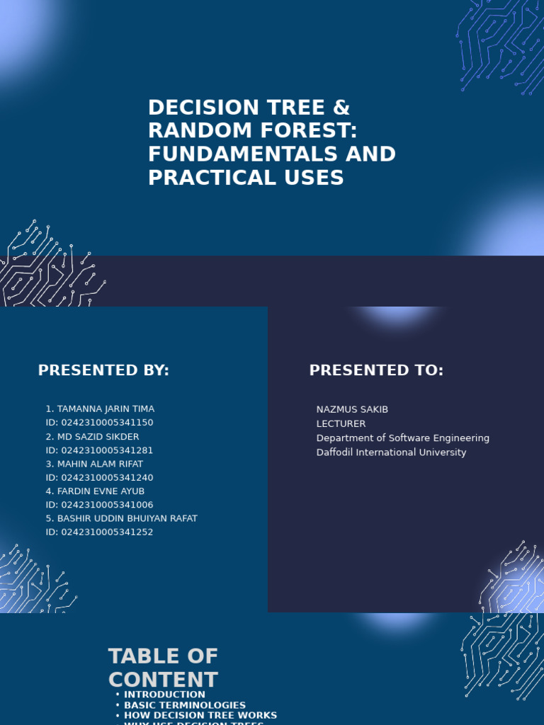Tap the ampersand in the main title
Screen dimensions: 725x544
(x=341, y=108)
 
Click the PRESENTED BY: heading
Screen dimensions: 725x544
(x=103, y=370)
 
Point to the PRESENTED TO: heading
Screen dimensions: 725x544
(x=376, y=370)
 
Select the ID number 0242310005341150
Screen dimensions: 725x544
(x=107, y=423)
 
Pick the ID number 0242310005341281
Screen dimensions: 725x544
(x=107, y=450)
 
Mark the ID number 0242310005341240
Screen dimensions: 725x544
(x=107, y=478)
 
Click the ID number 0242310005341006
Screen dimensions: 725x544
(x=107, y=505)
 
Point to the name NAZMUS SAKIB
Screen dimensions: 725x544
(x=352, y=409)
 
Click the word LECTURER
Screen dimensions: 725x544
(x=341, y=423)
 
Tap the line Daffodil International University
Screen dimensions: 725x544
(x=391, y=452)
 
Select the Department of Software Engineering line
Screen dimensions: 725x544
(x=402, y=438)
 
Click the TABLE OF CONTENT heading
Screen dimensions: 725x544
(x=163, y=668)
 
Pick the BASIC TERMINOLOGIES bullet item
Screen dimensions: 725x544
(x=185, y=705)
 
